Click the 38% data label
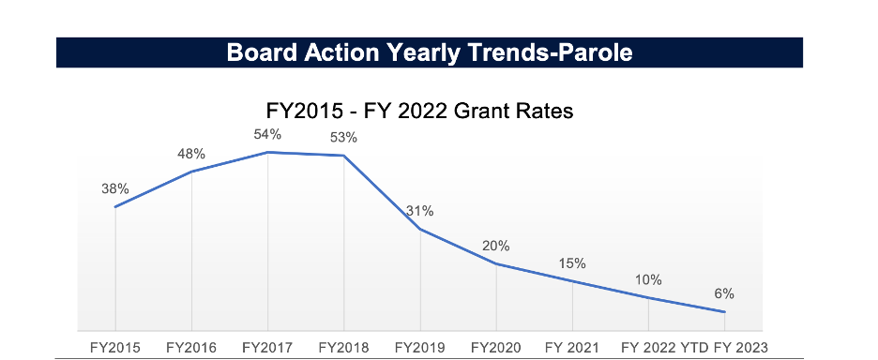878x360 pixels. click(115, 189)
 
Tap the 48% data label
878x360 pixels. click(191, 154)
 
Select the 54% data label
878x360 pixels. click(267, 134)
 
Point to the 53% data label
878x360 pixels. click(343, 138)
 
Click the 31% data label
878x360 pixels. click(420, 211)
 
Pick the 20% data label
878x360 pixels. click(496, 246)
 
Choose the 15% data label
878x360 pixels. click(572, 263)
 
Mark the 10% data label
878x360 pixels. click(648, 279)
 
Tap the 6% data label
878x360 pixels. click(724, 294)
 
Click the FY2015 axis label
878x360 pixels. click(115, 348)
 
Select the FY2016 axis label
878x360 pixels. click(191, 348)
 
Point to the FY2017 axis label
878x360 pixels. click(267, 348)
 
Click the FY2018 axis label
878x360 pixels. click(343, 348)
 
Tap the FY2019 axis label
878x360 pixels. click(420, 348)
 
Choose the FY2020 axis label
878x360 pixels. click(496, 348)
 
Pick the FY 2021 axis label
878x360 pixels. click(572, 348)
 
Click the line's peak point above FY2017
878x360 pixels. click(267, 152)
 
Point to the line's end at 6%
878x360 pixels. click(724, 312)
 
